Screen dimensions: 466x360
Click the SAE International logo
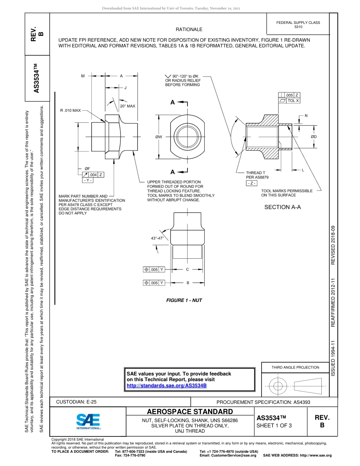[x=88, y=421]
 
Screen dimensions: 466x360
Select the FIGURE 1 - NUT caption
[x=184, y=300]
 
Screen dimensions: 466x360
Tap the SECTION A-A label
[x=282, y=207]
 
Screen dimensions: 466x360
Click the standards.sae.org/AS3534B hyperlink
[x=166, y=386]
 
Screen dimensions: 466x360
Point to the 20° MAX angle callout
[x=127, y=106]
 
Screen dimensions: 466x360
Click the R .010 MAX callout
[x=70, y=110]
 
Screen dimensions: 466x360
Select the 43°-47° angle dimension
[x=157, y=238]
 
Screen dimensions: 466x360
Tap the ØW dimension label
[x=159, y=137]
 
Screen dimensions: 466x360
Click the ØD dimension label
[x=314, y=136]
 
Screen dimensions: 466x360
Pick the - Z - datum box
[x=251, y=183]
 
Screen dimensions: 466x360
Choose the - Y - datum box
[x=88, y=180]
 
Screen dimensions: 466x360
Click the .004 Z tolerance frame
[x=93, y=175]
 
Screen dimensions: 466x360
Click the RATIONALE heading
[x=189, y=30]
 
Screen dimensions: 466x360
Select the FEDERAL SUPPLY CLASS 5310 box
[x=298, y=25]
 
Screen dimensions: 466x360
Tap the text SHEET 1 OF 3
[x=274, y=425]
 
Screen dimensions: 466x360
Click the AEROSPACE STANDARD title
[x=190, y=412]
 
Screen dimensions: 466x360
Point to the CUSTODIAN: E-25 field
[x=76, y=402]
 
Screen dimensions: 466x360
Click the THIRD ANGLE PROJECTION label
[x=295, y=367]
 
